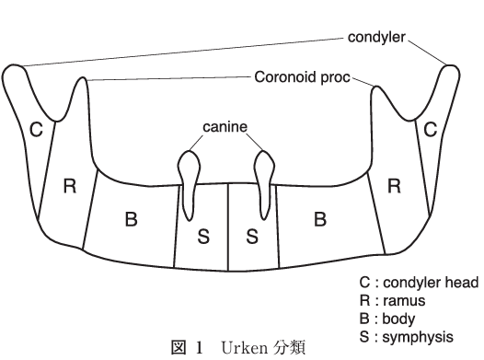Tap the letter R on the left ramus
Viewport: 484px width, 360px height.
coord(68,187)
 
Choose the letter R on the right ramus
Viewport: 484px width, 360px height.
coord(394,187)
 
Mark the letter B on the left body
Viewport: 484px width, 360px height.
coord(131,219)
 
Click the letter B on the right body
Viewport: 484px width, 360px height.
coord(320,219)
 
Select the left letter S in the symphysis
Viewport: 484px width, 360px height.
coord(204,237)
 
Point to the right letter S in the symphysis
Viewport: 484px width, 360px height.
coord(251,237)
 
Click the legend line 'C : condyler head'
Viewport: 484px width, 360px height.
coord(419,283)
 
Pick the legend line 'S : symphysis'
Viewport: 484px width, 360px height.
coord(406,335)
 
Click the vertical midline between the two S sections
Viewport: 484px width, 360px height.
coord(227,221)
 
